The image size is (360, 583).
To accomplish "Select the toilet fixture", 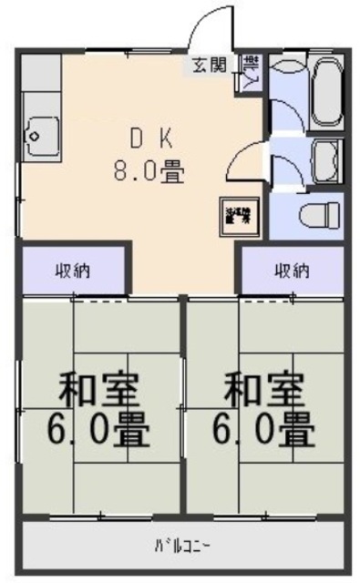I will click(320, 215).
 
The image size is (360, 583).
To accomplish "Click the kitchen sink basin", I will click(39, 138).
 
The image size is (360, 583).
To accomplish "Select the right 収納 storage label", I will click(292, 270).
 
